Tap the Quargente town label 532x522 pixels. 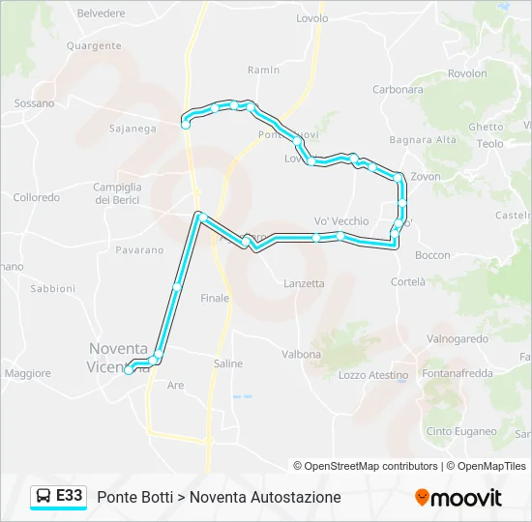point(94,45)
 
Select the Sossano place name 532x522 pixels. point(35,103)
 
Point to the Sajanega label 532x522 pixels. point(133,128)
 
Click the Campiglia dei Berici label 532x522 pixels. point(117,193)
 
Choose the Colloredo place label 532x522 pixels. point(37,197)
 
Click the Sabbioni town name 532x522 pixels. point(52,288)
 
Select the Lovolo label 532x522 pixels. point(311,18)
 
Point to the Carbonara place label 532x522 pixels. point(398,90)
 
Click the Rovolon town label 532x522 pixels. point(467,73)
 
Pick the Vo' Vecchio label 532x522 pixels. point(341,221)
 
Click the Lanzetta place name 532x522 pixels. point(304,283)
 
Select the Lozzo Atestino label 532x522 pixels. point(374,375)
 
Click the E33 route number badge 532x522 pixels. point(69,496)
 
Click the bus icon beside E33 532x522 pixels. point(44,497)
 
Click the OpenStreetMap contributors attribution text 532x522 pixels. point(366,466)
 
